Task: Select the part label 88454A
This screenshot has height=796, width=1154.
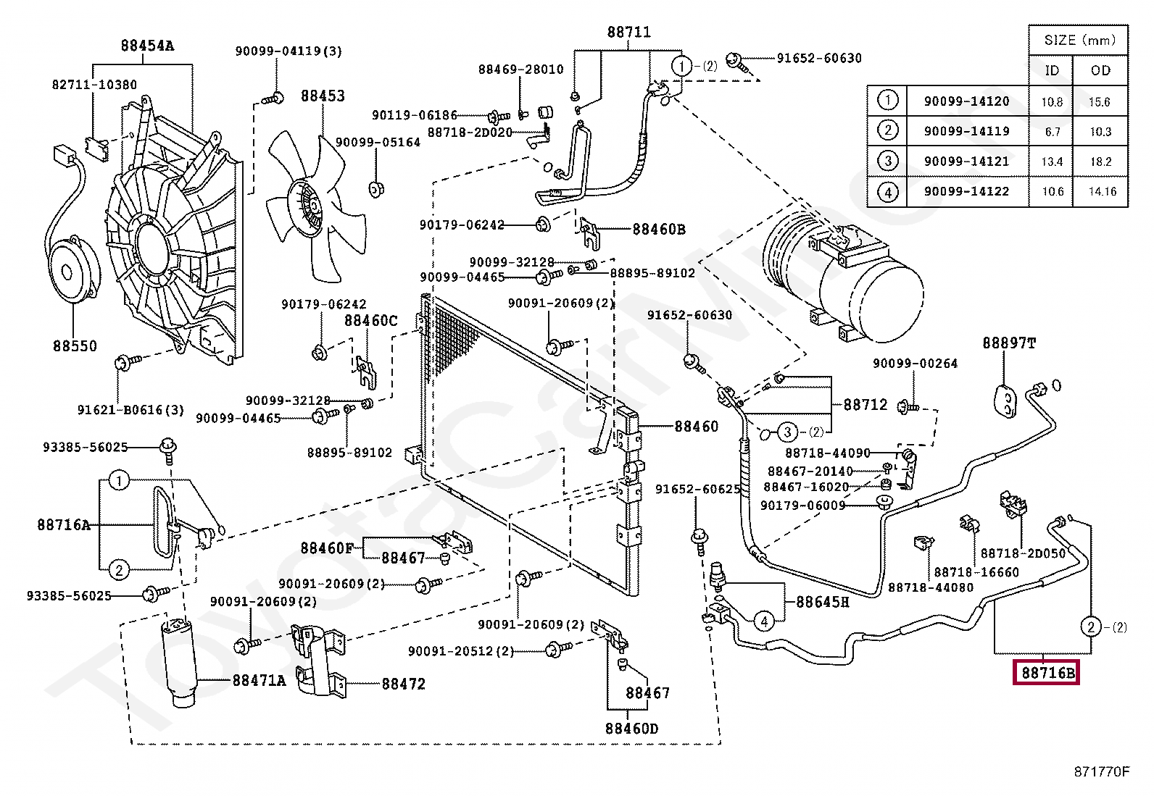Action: pos(147,46)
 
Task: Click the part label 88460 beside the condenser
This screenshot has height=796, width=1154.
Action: pos(696,427)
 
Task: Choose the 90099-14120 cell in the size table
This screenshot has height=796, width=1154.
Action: pos(966,101)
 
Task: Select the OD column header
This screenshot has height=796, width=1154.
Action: pos(1100,70)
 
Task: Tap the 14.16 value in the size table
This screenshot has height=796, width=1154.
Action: pos(1103,191)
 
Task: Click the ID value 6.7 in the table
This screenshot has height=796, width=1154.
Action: pos(1053,132)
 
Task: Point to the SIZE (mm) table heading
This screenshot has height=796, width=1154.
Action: pos(1079,40)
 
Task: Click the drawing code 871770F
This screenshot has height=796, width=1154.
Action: pos(1102,771)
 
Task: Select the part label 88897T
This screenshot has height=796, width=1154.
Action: pos(1009,343)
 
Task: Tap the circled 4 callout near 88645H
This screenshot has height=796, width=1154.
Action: pos(764,621)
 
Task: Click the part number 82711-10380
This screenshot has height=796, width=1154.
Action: pos(94,85)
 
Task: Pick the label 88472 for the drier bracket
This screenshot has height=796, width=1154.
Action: pos(403,684)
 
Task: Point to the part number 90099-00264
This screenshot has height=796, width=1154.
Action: pos(915,363)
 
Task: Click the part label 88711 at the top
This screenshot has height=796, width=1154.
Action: pos(628,32)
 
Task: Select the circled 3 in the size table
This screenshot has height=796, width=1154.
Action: pos(888,162)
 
